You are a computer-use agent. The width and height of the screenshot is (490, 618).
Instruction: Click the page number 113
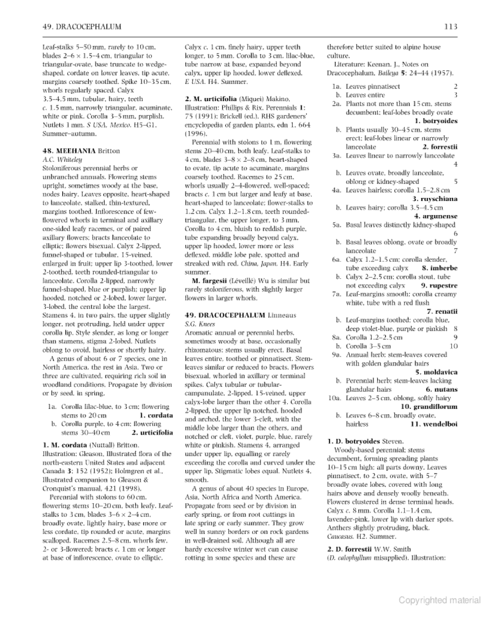point(451,27)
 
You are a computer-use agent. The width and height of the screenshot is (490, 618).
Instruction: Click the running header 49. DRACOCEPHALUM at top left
point(82,27)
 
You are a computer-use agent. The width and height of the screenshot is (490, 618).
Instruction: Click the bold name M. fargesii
point(209,281)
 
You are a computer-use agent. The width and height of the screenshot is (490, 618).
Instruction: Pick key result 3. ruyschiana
point(435,199)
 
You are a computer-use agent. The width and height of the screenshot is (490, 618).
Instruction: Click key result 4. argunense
point(436,216)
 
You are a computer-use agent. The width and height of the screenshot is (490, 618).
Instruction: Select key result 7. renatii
point(442,311)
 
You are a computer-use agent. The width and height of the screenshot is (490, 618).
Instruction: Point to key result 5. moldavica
point(436,372)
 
